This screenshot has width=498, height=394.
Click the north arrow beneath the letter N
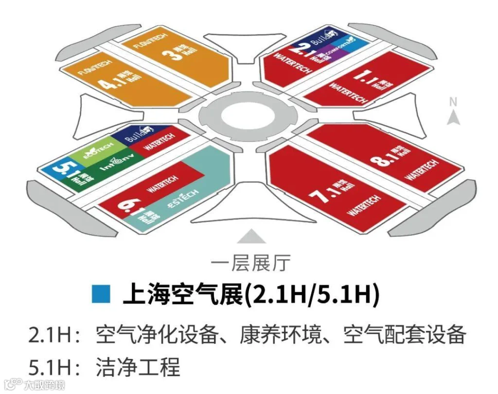tap(453, 117)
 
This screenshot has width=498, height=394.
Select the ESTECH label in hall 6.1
tap(183, 199)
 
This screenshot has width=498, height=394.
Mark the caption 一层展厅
tap(251, 263)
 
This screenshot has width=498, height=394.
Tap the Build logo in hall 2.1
tap(324, 38)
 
